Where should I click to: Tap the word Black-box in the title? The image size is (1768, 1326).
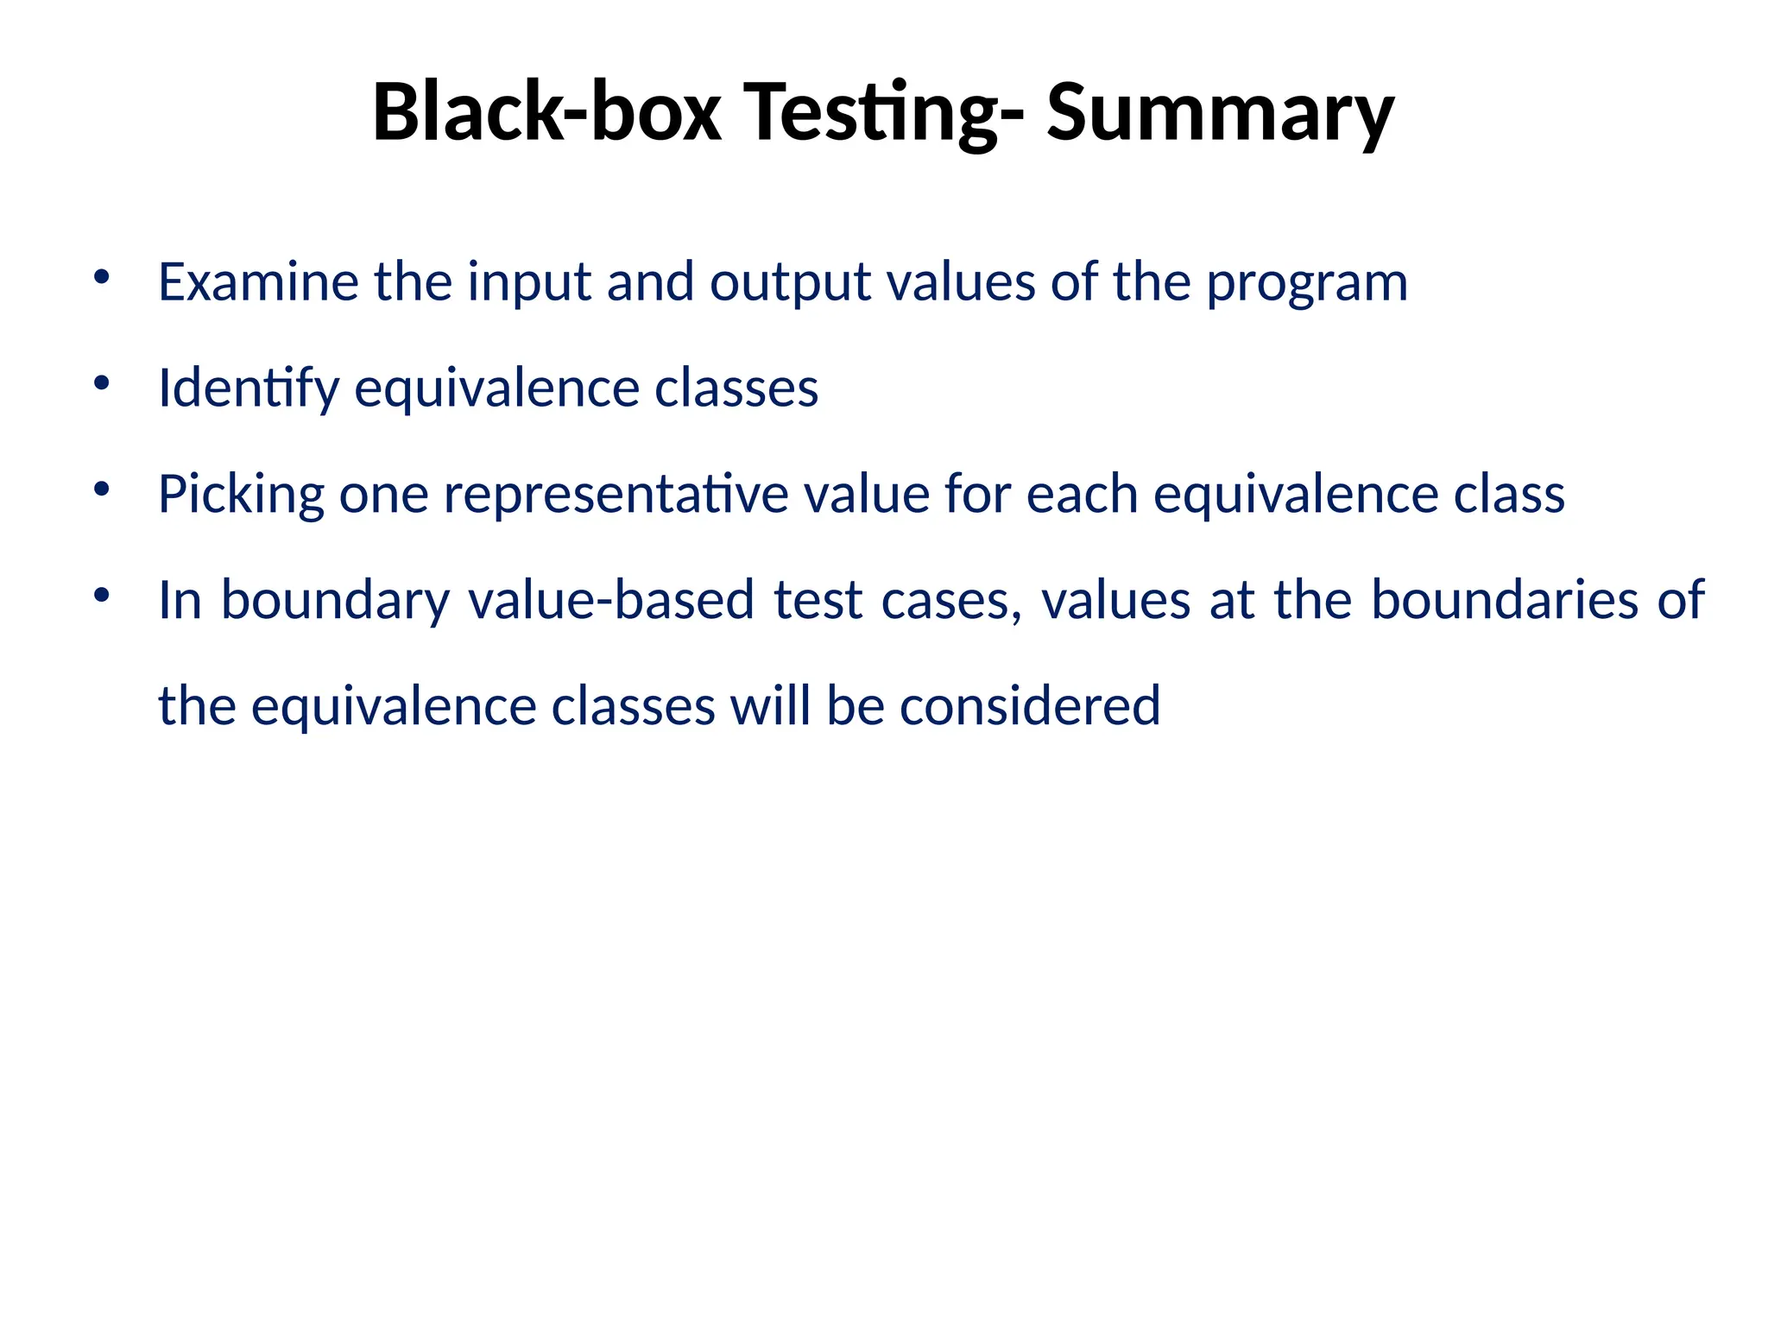click(x=546, y=112)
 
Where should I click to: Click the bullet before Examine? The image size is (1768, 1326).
click(x=102, y=277)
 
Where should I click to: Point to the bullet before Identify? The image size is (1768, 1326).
click(x=102, y=383)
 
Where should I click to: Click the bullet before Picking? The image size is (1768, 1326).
click(x=102, y=489)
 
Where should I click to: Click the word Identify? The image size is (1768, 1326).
click(x=249, y=388)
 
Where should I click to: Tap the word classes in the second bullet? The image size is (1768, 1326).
click(x=736, y=388)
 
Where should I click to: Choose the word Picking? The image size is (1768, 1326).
click(x=241, y=496)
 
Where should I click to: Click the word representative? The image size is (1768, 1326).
click(x=616, y=496)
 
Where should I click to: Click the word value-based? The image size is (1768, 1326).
click(x=610, y=600)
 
